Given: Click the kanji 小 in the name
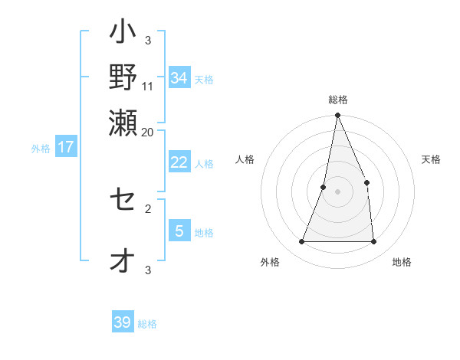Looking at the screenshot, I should click(123, 35).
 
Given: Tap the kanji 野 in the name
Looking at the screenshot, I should click(123, 77).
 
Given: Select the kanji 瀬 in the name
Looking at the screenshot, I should click(123, 120).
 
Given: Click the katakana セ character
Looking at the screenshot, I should click(123, 201).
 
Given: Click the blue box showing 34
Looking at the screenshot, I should click(179, 78).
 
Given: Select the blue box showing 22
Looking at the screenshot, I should click(179, 162).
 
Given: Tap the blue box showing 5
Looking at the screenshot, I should click(179, 231).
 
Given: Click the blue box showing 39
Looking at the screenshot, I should click(123, 322).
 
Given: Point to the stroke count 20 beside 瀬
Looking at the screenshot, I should click(148, 132).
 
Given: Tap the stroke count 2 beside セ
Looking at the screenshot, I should click(148, 208).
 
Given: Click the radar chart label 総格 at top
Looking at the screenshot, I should click(337, 100).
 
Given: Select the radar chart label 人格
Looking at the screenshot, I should click(245, 159).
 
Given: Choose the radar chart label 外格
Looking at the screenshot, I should click(270, 262).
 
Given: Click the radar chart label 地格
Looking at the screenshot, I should click(402, 262).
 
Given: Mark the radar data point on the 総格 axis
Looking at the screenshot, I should click(337, 116).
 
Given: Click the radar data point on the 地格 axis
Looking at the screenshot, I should click(373, 241).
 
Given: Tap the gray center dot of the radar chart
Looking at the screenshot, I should click(337, 191).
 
